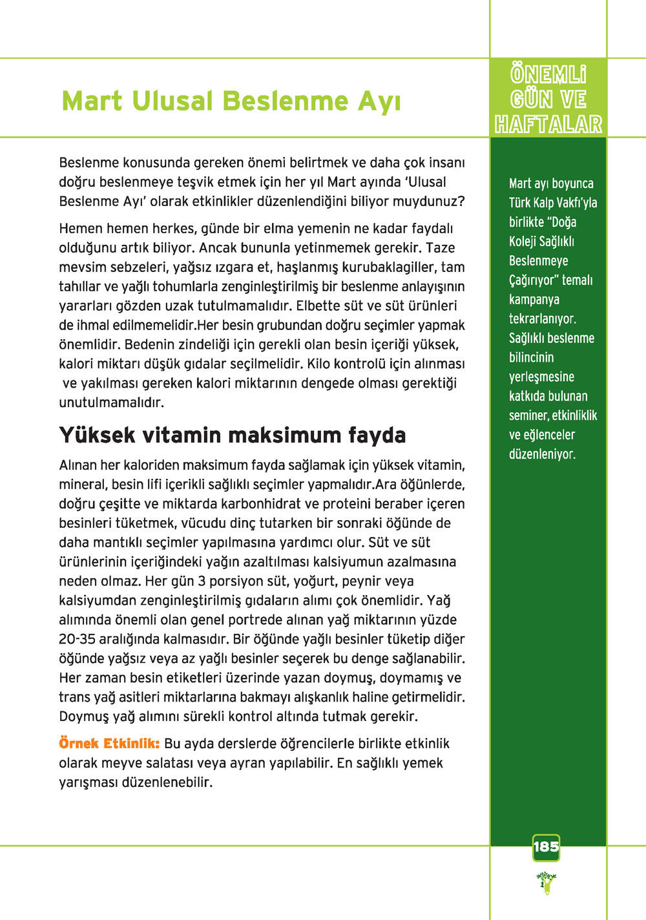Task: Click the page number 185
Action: [x=546, y=846]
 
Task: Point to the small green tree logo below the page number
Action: [x=547, y=882]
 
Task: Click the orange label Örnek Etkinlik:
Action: [x=109, y=743]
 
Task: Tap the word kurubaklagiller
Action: [x=389, y=267]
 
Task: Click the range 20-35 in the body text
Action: [x=77, y=639]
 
